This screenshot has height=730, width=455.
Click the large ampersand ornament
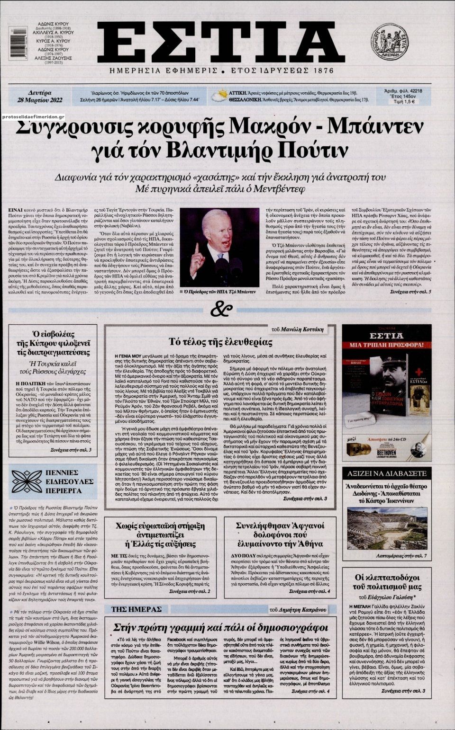[221, 310]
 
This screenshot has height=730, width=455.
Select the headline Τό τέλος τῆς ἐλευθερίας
[221, 342]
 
